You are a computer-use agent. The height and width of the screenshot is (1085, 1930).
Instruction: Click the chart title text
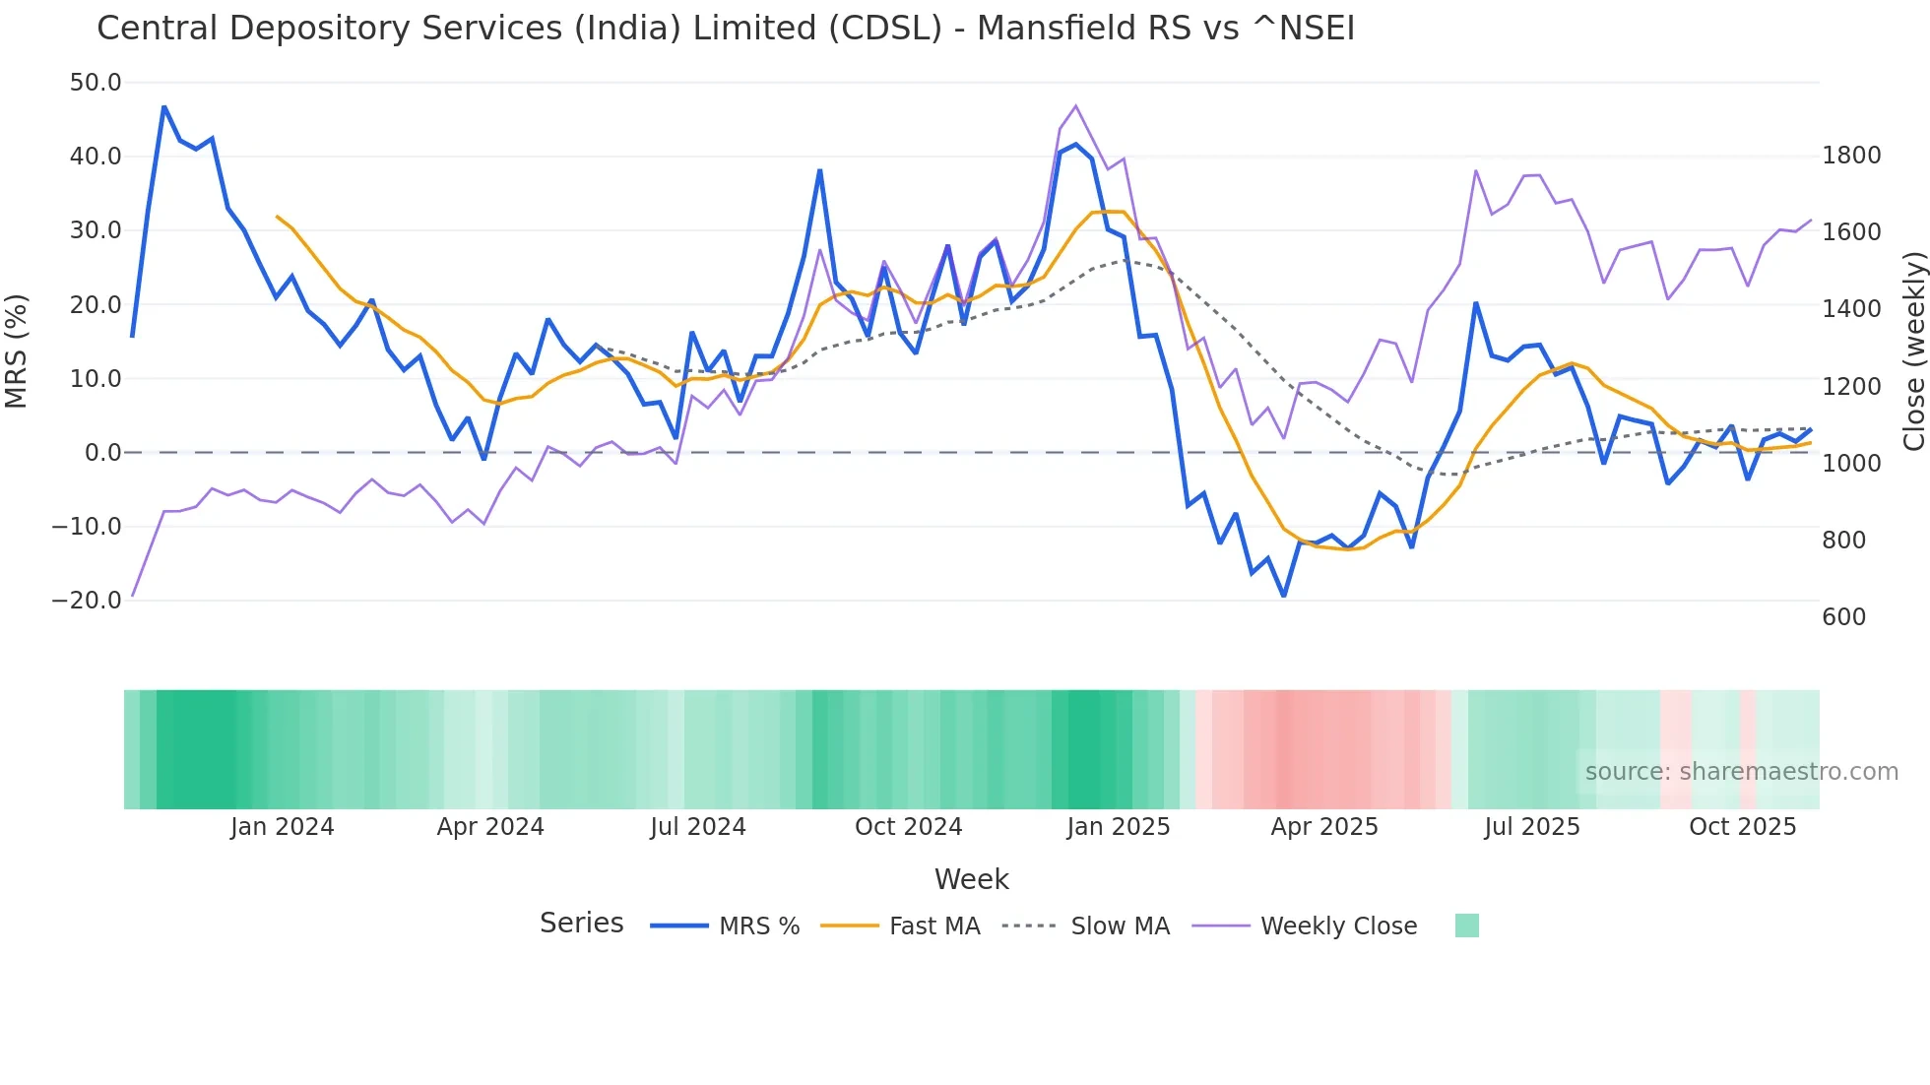(x=726, y=29)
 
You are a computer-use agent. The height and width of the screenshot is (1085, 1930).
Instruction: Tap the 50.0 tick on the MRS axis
(x=96, y=83)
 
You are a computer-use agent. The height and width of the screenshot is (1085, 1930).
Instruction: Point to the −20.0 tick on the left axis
(x=87, y=601)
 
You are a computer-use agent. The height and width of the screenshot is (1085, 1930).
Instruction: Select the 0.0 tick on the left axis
(x=102, y=453)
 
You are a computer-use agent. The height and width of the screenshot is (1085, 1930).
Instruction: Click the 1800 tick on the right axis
(x=1851, y=156)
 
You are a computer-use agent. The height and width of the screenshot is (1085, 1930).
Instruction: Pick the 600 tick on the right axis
(x=1843, y=617)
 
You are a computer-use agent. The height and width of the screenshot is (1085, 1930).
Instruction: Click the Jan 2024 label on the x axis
(x=283, y=827)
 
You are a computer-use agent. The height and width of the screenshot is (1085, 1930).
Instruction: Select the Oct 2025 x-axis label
(x=1742, y=827)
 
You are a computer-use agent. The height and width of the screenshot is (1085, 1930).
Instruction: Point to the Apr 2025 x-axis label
(x=1323, y=827)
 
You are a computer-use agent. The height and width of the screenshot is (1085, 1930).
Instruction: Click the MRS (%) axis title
(x=17, y=351)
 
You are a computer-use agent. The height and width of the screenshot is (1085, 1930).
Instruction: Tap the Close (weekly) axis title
(x=1913, y=351)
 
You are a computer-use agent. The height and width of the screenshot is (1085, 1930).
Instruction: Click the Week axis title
(x=971, y=879)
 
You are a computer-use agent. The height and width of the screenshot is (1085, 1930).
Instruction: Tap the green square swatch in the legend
(x=1466, y=925)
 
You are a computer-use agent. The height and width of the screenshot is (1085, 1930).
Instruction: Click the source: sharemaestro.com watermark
(x=1741, y=772)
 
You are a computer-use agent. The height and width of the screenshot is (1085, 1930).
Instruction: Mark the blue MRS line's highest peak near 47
(x=164, y=106)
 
